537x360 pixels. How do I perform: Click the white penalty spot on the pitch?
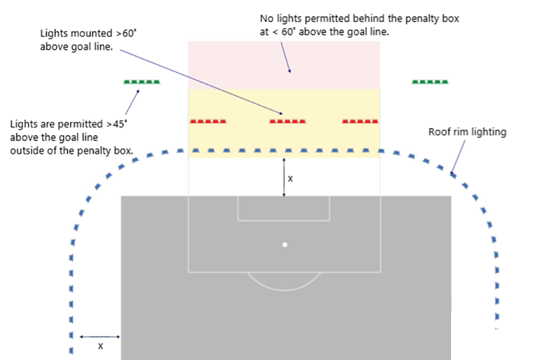(x=285, y=244)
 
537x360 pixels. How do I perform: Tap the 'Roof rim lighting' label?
(x=467, y=132)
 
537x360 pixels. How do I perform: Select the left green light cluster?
(x=142, y=82)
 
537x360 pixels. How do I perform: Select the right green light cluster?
(x=430, y=82)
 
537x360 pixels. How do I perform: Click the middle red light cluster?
(x=287, y=122)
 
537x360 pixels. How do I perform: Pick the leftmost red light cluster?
(x=208, y=122)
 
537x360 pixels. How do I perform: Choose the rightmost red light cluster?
(x=360, y=122)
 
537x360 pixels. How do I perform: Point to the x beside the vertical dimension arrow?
(x=290, y=179)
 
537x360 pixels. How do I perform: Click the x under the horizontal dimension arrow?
(x=101, y=346)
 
